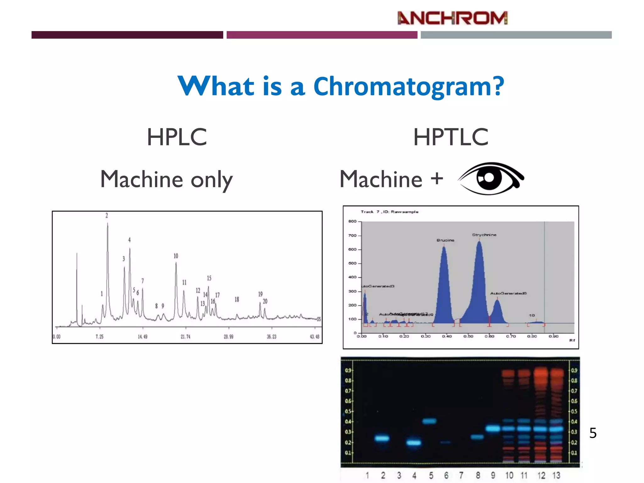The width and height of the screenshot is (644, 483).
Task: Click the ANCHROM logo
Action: (x=452, y=18)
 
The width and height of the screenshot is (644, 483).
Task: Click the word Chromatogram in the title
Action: (x=408, y=86)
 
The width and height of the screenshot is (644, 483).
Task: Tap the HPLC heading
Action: (x=177, y=137)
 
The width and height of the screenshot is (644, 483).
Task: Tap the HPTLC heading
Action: (x=451, y=137)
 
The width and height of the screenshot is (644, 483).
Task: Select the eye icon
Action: (x=491, y=179)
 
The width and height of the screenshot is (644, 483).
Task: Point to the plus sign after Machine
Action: (x=437, y=179)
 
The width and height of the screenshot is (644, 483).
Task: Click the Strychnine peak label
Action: (x=484, y=235)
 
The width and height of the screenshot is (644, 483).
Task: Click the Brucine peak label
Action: (x=445, y=240)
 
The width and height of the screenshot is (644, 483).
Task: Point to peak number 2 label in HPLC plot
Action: (x=107, y=216)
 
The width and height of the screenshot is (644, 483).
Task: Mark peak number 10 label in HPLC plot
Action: (x=176, y=256)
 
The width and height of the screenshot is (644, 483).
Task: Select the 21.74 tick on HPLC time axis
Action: (x=186, y=337)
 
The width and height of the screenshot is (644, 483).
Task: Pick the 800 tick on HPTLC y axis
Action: (x=352, y=221)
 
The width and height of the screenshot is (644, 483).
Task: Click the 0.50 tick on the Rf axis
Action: (x=468, y=336)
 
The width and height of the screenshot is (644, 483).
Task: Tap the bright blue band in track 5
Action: (x=429, y=421)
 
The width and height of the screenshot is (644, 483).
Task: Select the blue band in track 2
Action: (x=382, y=438)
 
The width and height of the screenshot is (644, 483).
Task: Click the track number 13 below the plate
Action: (x=556, y=475)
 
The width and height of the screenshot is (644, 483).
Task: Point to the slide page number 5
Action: (x=593, y=433)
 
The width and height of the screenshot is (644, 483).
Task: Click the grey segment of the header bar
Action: (x=516, y=35)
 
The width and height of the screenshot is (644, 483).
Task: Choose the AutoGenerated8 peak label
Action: (x=508, y=293)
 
